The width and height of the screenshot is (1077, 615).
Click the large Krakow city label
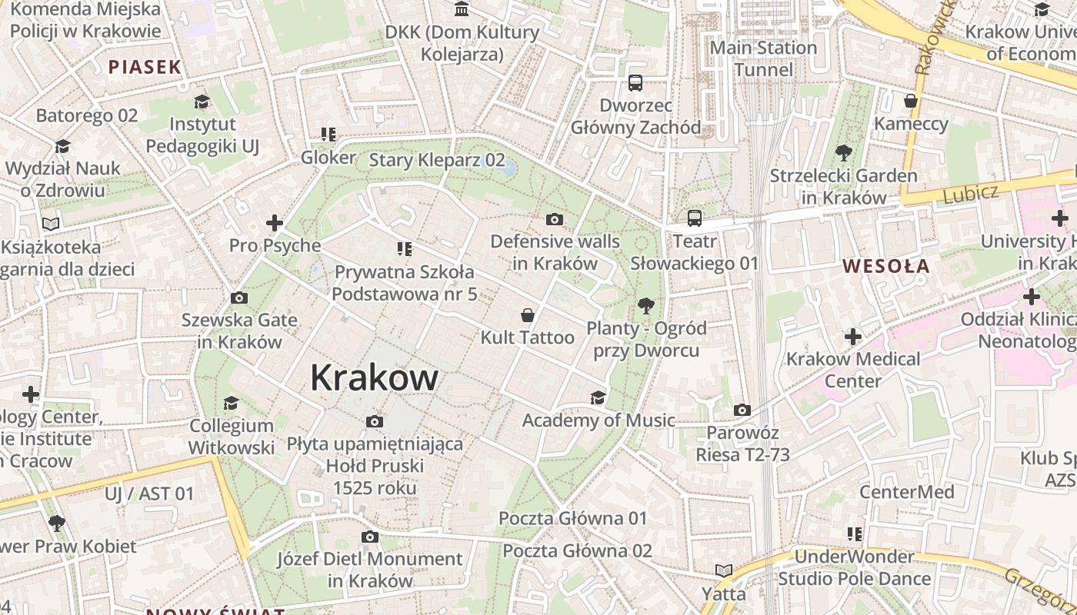click(x=375, y=377)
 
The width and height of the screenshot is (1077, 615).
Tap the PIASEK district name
click(x=145, y=67)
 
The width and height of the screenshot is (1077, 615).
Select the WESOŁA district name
click(x=886, y=267)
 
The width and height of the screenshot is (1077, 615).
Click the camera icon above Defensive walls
click(x=554, y=220)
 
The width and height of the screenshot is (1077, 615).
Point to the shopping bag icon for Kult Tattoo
click(x=528, y=315)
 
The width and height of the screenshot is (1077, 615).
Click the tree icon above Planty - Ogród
click(x=645, y=306)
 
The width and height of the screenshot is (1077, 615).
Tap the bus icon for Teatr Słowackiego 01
click(x=695, y=218)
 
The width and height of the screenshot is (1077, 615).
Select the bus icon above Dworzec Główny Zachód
click(x=635, y=83)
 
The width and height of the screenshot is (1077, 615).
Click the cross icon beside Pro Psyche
click(x=275, y=224)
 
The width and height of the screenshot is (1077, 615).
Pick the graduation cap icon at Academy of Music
click(x=598, y=397)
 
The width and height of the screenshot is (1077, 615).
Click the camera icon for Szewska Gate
click(x=239, y=298)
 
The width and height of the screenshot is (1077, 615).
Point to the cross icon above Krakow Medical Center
click(x=852, y=337)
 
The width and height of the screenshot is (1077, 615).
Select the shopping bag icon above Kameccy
click(x=911, y=101)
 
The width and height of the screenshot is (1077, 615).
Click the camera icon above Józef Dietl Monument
click(x=370, y=537)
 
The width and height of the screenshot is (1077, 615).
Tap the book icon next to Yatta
click(x=723, y=570)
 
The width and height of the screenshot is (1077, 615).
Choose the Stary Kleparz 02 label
click(x=437, y=160)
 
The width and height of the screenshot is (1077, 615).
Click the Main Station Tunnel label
click(x=763, y=58)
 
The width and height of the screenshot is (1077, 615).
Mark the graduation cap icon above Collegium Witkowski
click(x=231, y=403)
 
